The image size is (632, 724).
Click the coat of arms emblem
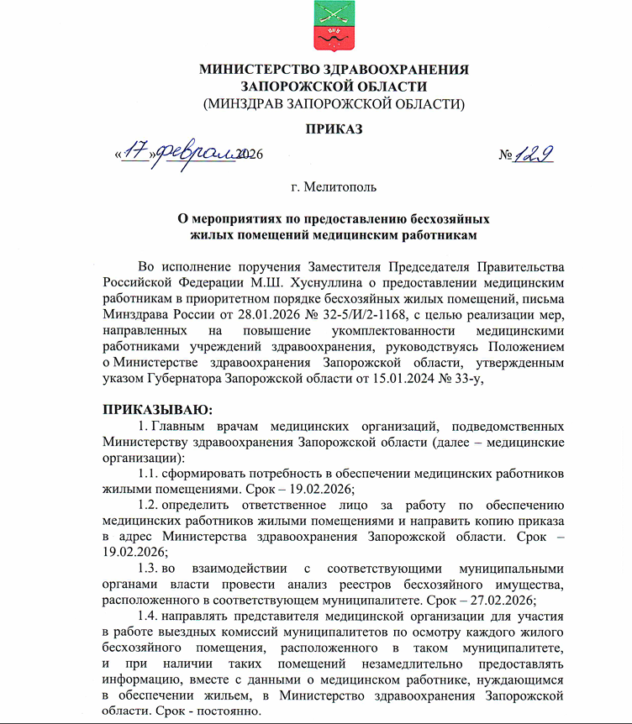333,26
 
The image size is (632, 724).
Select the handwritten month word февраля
193,154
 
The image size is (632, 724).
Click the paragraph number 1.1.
148,473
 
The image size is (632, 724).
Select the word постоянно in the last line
227,711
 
